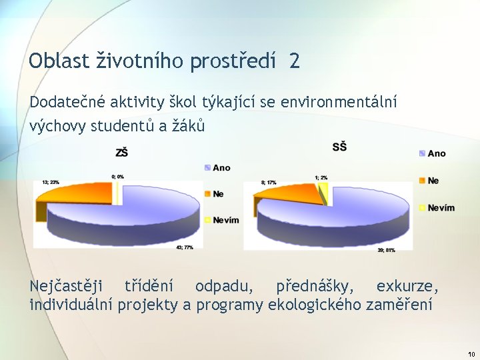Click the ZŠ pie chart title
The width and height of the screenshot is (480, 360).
click(x=122, y=153)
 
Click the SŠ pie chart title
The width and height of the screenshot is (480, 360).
click(x=339, y=147)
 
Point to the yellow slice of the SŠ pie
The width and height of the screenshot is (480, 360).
click(x=323, y=194)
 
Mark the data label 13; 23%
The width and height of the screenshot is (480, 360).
click(x=51, y=181)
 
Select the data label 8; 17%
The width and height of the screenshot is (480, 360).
click(x=269, y=182)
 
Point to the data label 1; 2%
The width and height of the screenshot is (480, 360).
click(x=321, y=177)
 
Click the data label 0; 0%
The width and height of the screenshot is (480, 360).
click(x=117, y=177)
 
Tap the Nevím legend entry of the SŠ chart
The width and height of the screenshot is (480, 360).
click(x=441, y=207)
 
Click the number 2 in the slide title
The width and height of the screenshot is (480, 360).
click(x=294, y=62)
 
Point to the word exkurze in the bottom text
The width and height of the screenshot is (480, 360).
click(x=407, y=287)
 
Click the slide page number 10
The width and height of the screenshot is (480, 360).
click(x=471, y=354)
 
